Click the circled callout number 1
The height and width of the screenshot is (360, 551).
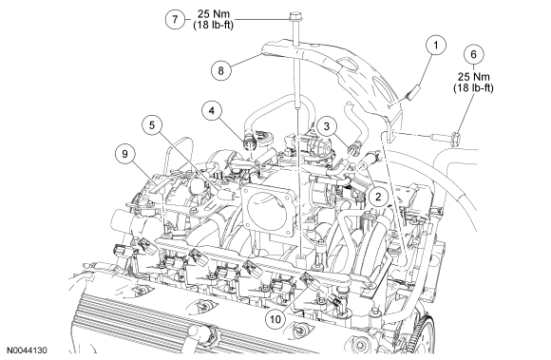click(436, 45)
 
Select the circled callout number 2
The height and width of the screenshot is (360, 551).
click(378, 197)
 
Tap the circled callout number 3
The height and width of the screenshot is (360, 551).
click(327, 125)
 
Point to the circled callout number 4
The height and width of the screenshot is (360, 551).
click(212, 110)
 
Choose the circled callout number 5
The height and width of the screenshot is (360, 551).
click(152, 125)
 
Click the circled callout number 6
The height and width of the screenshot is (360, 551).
click(473, 54)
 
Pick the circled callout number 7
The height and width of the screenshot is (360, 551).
click(176, 19)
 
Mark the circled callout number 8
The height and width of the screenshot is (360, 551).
click(220, 70)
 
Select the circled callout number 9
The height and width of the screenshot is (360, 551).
click(125, 153)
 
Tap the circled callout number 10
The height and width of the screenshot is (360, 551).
click(275, 319)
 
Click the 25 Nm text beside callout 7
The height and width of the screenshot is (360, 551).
click(214, 13)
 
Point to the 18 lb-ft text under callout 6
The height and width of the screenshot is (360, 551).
click(473, 87)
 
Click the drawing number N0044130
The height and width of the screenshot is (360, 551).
click(28, 351)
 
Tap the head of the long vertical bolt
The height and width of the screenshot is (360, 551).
click(294, 16)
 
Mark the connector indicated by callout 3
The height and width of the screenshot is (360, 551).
click(353, 148)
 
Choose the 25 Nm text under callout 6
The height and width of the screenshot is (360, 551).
click(473, 77)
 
